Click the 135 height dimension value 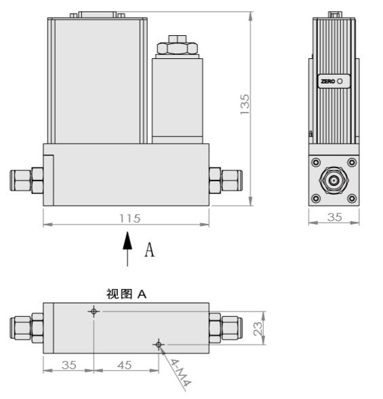pyautogui.click(x=245, y=103)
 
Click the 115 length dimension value pyautogui.click(x=129, y=218)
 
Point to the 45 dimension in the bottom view pyautogui.click(x=124, y=365)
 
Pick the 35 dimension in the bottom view pyautogui.click(x=68, y=365)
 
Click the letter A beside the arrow pyautogui.click(x=150, y=250)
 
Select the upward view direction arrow pyautogui.click(x=127, y=248)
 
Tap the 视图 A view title pyautogui.click(x=126, y=294)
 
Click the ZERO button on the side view pyautogui.click(x=332, y=81)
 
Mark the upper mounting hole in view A pyautogui.click(x=94, y=311)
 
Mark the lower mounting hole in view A pyautogui.click(x=159, y=345)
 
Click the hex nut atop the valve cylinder pyautogui.click(x=176, y=47)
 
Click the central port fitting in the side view pyautogui.click(x=333, y=181)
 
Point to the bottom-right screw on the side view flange pyautogui.click(x=351, y=199)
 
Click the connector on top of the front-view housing pyautogui.click(x=102, y=13)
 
